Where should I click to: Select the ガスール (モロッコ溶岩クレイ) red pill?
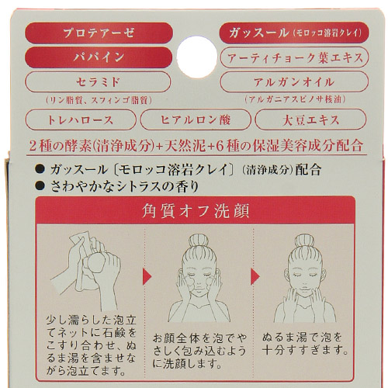pyautogui.click(x=292, y=33)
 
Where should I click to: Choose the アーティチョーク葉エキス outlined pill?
pyautogui.click(x=292, y=58)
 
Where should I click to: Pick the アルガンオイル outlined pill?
pyautogui.click(x=292, y=81)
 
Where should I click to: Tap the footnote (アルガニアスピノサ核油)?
pyautogui.click(x=292, y=99)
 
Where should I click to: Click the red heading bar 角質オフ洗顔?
pyautogui.click(x=194, y=210)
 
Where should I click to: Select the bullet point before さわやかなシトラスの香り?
pyautogui.click(x=40, y=185)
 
